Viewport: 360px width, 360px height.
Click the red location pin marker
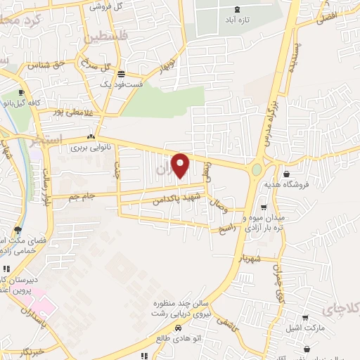[x=181, y=165]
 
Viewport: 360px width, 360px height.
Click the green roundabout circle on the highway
[x=256, y=169]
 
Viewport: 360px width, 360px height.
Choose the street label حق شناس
[x=46, y=65]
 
